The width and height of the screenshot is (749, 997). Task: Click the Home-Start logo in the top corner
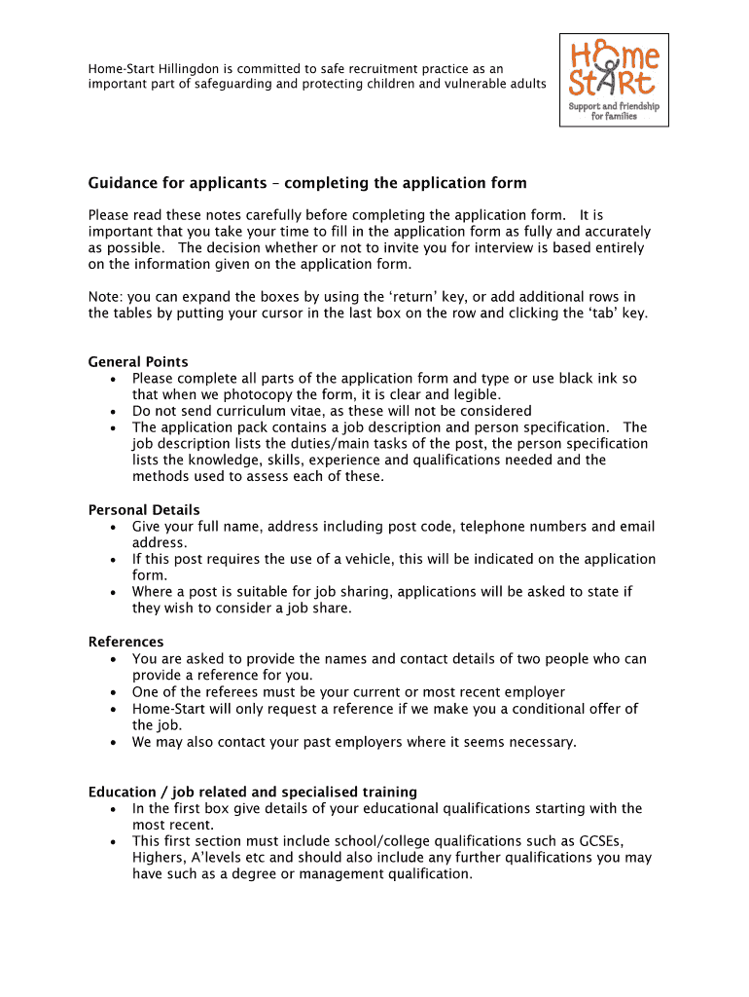(x=614, y=80)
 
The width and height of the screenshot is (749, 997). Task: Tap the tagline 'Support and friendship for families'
(x=614, y=111)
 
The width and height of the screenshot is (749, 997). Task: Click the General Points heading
(x=138, y=362)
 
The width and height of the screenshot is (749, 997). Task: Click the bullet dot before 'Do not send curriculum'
(x=116, y=411)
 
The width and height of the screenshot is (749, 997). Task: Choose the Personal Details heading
(x=144, y=510)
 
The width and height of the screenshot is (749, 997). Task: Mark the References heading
(x=125, y=643)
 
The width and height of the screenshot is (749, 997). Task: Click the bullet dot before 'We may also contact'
(x=116, y=742)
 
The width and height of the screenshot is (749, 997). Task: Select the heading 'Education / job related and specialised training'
(x=253, y=793)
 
